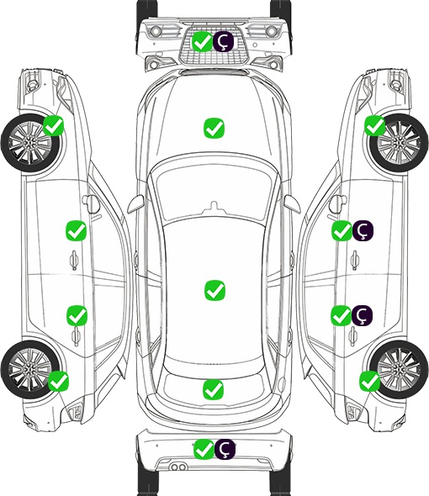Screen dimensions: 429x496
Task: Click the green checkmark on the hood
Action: coord(214,128)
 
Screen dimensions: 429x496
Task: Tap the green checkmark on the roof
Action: coord(214,290)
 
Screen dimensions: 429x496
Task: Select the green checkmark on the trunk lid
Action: coord(214,389)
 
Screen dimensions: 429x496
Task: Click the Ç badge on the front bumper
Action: coord(223,41)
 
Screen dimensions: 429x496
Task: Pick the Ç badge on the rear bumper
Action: coord(225,449)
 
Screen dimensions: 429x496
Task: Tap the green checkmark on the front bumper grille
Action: coord(202,41)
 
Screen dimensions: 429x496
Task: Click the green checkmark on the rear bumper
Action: coord(204,449)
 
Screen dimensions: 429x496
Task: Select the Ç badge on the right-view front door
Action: coord(363,230)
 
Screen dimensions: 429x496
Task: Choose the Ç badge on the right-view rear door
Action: coord(362,315)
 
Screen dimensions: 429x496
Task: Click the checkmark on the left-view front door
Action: coord(76,230)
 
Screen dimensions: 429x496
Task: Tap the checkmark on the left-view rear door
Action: coord(77,315)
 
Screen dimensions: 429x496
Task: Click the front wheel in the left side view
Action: coord(31,143)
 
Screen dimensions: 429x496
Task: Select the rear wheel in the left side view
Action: coord(30,369)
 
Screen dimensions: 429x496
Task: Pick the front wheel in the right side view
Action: coord(399,143)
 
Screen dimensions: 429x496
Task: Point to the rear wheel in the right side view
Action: coord(399,369)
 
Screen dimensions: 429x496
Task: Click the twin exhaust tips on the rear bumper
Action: coord(178,467)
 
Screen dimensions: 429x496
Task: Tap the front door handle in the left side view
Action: coord(74,260)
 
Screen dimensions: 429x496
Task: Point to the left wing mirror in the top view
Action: coord(135,204)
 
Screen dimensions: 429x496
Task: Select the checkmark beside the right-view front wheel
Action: coord(375,125)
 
